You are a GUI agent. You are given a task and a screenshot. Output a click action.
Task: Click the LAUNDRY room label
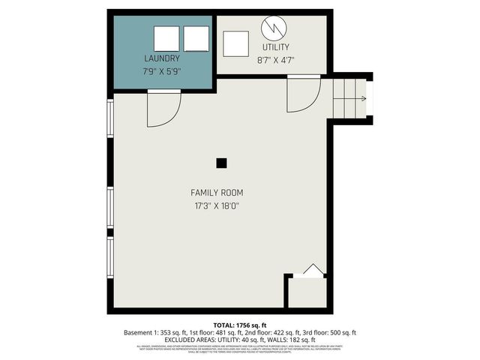pyautogui.click(x=162, y=58)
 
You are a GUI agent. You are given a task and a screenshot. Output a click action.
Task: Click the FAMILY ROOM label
pyautogui.click(x=216, y=193)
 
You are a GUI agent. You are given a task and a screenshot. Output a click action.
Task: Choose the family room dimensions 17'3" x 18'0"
pyautogui.click(x=216, y=205)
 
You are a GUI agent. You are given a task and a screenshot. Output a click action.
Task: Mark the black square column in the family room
pyautogui.click(x=221, y=163)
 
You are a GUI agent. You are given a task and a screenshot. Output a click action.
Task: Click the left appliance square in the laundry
pyautogui.click(x=166, y=38)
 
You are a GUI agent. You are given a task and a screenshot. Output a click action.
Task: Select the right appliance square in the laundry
pyautogui.click(x=196, y=38)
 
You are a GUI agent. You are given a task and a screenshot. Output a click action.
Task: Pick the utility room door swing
pyautogui.click(x=303, y=94)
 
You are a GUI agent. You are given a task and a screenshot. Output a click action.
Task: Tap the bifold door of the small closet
pyautogui.click(x=313, y=271)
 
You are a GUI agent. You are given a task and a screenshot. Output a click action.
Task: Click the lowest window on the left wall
pyautogui.click(x=111, y=259)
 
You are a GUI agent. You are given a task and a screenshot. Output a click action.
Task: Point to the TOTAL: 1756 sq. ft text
pyautogui.click(x=239, y=324)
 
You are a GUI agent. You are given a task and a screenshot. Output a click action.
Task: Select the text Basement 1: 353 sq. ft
pyautogui.click(x=155, y=331)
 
